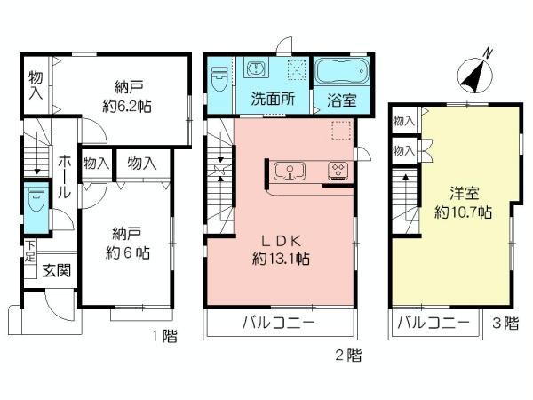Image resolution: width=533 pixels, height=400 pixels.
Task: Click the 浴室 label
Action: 341,100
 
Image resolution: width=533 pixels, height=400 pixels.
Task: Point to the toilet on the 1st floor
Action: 35,203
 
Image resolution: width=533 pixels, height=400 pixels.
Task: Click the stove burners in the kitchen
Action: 338,169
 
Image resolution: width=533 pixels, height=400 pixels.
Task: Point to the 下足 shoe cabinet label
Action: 29,251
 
